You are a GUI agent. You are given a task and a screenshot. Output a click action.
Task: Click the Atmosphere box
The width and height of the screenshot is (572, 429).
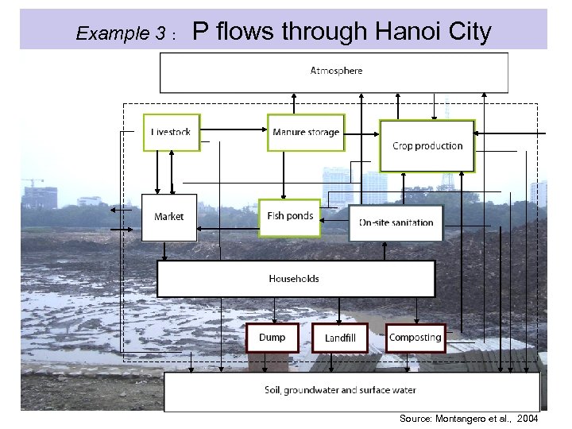click(334, 71)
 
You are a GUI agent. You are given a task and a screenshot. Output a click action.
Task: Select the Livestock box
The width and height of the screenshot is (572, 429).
click(172, 133)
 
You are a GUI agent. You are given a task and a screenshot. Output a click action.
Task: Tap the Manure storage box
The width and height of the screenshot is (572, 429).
click(305, 133)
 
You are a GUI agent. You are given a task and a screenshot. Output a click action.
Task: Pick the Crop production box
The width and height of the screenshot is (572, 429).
click(427, 146)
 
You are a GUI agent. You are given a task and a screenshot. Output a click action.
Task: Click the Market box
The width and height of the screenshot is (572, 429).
click(168, 217)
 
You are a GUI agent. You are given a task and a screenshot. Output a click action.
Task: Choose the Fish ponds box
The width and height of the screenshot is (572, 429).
click(290, 217)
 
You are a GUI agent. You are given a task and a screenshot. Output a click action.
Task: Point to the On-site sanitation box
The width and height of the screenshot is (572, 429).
click(396, 222)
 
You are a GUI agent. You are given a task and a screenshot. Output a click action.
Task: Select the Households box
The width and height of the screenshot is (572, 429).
click(296, 279)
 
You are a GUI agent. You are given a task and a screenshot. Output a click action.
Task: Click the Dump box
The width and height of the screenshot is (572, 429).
click(272, 338)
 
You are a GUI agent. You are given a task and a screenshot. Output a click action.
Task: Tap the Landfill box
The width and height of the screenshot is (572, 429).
click(340, 338)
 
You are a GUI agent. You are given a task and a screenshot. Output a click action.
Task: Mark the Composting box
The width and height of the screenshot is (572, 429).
click(415, 338)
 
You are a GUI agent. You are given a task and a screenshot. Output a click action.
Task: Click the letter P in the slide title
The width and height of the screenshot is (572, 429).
click(202, 31)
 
